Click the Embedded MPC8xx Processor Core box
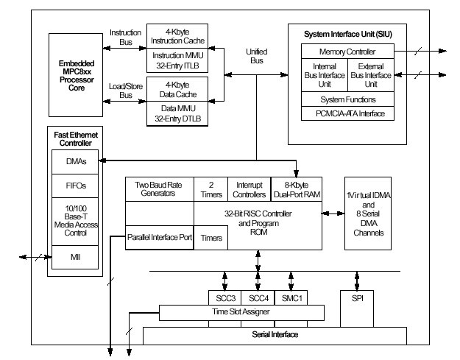pos(76,75)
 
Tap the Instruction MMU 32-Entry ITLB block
pos(183,61)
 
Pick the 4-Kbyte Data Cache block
pos(183,87)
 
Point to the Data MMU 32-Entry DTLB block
pos(183,112)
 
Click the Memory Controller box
pos(347,52)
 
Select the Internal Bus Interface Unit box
pos(324,75)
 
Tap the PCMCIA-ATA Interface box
pos(347,113)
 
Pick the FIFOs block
pos(74,186)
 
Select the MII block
pos(74,257)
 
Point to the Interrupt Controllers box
pos(249,189)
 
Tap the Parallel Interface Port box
pos(159,239)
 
